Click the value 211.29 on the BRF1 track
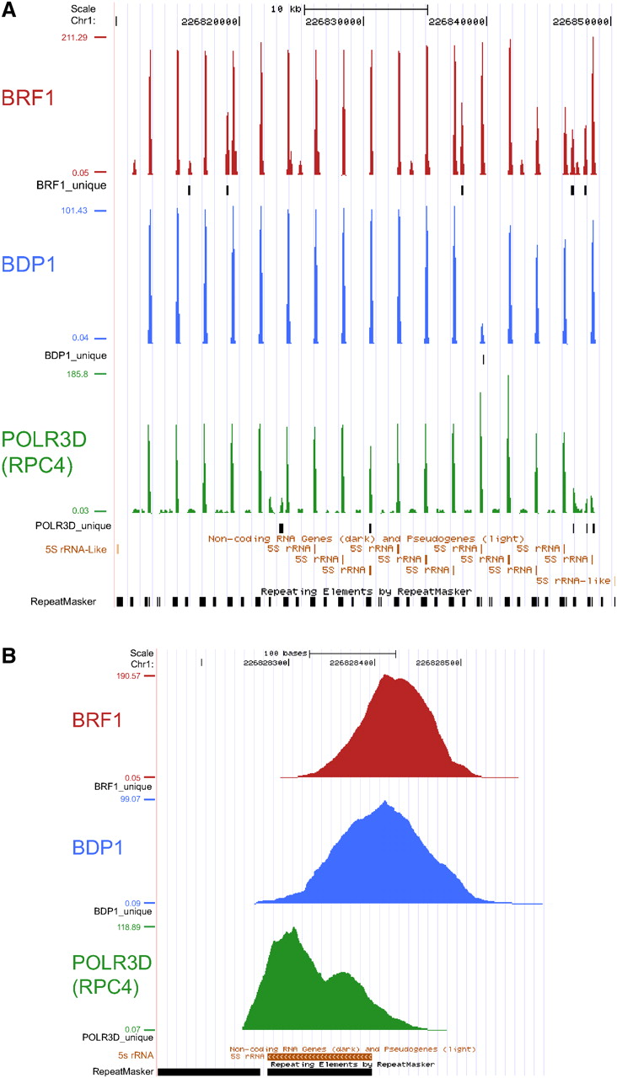tap(75, 37)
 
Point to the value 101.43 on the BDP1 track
tap(75, 211)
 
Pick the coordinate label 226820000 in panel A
tap(210, 21)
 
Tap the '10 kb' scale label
tap(285, 8)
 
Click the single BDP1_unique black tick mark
tap(483, 360)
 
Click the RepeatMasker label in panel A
tap(62, 601)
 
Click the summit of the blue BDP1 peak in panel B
tap(385, 802)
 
